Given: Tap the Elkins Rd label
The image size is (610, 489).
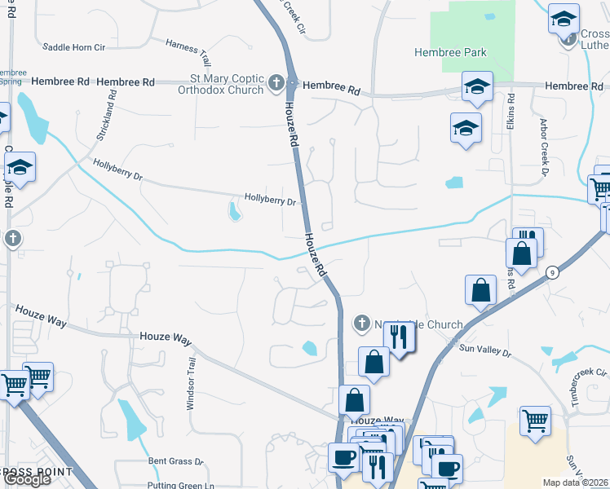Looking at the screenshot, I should coord(511,108).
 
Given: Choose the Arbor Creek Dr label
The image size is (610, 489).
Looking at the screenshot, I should coord(542,150).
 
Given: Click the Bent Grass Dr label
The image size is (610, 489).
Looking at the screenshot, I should coord(175,461).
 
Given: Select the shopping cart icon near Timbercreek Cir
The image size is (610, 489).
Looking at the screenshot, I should coord(535,421).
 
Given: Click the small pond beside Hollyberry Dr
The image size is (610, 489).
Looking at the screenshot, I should coord(236,212).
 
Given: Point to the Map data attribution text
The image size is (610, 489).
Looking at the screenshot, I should coord(575,482).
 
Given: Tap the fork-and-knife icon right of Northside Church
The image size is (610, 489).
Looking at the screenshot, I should coord(399,336).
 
